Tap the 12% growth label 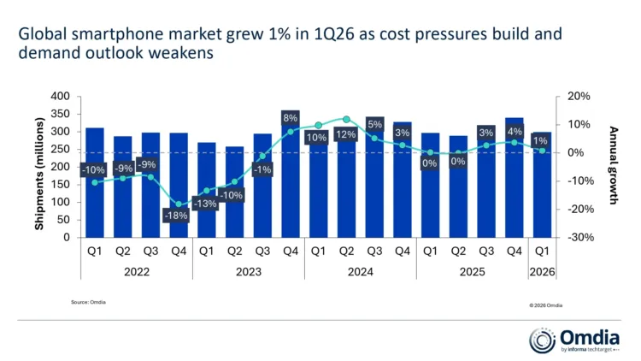[346, 134]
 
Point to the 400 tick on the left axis [59, 97]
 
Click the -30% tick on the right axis [570, 238]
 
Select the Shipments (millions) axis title [39, 167]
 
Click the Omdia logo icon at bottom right [543, 340]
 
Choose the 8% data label [291, 118]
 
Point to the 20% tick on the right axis [570, 97]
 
